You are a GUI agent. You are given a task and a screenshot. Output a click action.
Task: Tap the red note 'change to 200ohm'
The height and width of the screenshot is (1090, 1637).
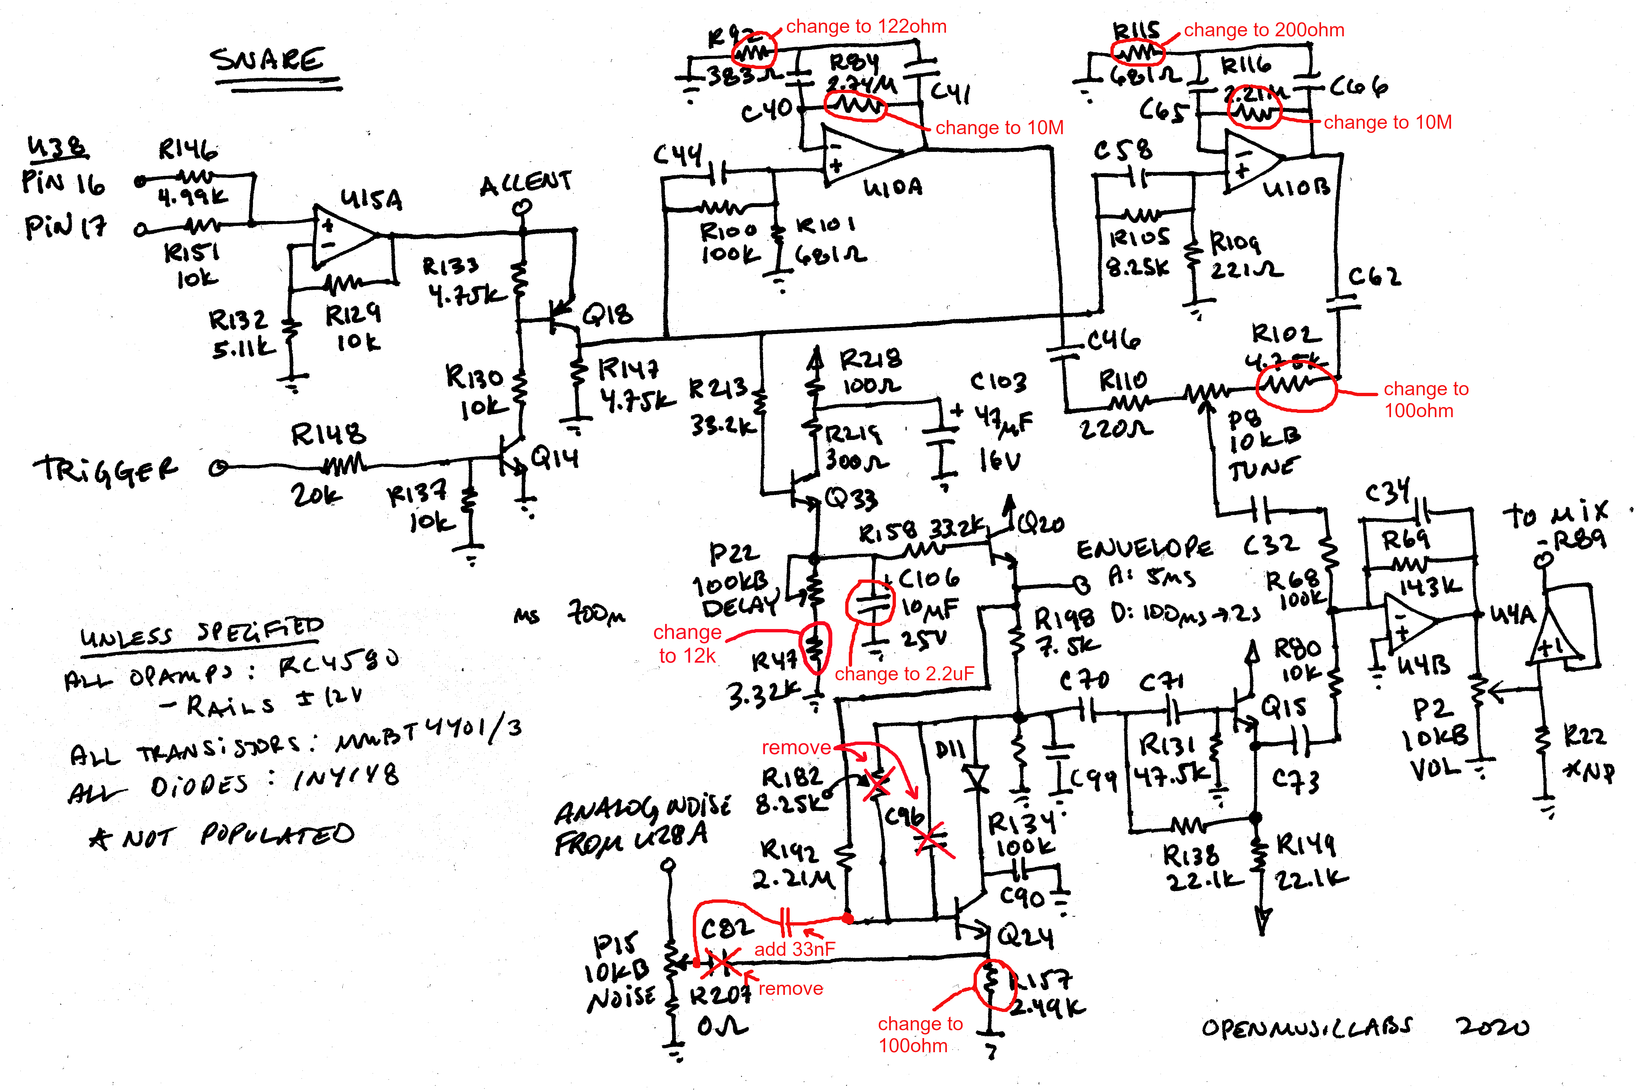[x=1264, y=30]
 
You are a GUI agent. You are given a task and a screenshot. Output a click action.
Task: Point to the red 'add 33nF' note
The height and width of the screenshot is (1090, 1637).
[x=794, y=949]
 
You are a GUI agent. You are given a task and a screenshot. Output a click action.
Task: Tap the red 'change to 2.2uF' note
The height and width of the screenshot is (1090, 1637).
[x=904, y=674]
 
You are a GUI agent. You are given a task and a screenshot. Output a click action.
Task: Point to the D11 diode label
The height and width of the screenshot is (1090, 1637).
[x=950, y=749]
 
